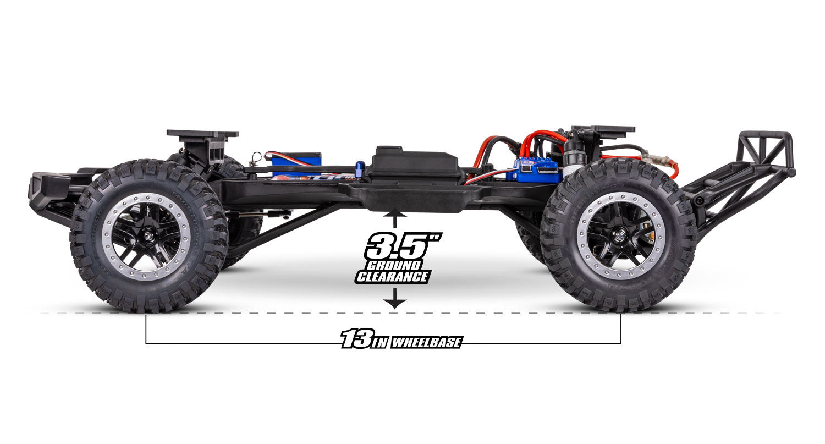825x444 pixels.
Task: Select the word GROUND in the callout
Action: pos(392,266)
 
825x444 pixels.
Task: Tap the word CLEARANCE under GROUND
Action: pos(392,277)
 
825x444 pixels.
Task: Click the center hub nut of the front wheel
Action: pos(147,236)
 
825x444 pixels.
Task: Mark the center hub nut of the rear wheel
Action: pos(620,235)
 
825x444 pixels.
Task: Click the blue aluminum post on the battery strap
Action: pos(360,170)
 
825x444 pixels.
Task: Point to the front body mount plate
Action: pos(202,134)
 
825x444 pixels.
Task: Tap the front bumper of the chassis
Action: pos(47,187)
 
